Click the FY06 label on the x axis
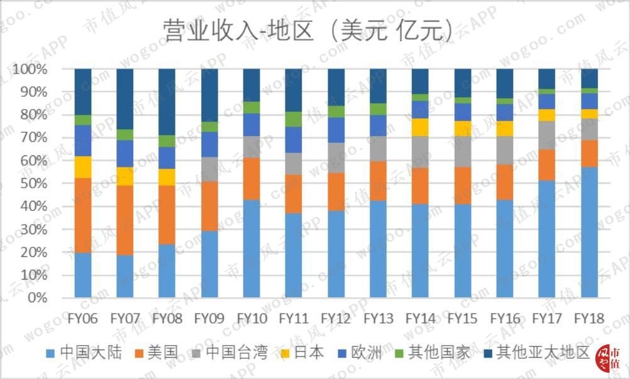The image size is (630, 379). tap(83, 319)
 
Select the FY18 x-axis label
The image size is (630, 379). tap(589, 319)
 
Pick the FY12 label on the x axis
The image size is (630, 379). tap(336, 319)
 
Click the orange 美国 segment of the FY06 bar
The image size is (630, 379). tap(83, 215)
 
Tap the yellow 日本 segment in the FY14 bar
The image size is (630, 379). tap(420, 127)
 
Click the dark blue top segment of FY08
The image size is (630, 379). tap(167, 101)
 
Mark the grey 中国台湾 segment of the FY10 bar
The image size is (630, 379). tap(251, 147)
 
